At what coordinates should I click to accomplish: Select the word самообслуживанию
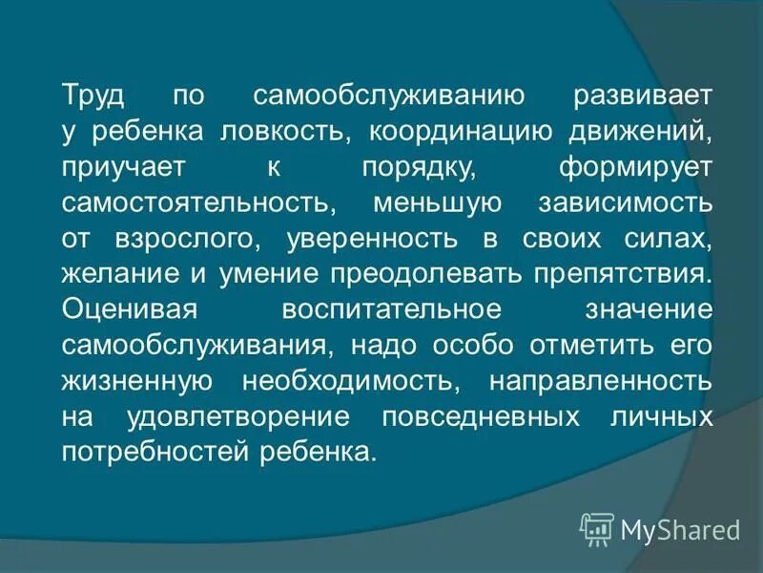pos(385,96)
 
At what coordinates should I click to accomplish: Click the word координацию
pos(440,132)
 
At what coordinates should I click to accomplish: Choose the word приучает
pos(118,167)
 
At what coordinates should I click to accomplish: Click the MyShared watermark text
pos(680,528)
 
